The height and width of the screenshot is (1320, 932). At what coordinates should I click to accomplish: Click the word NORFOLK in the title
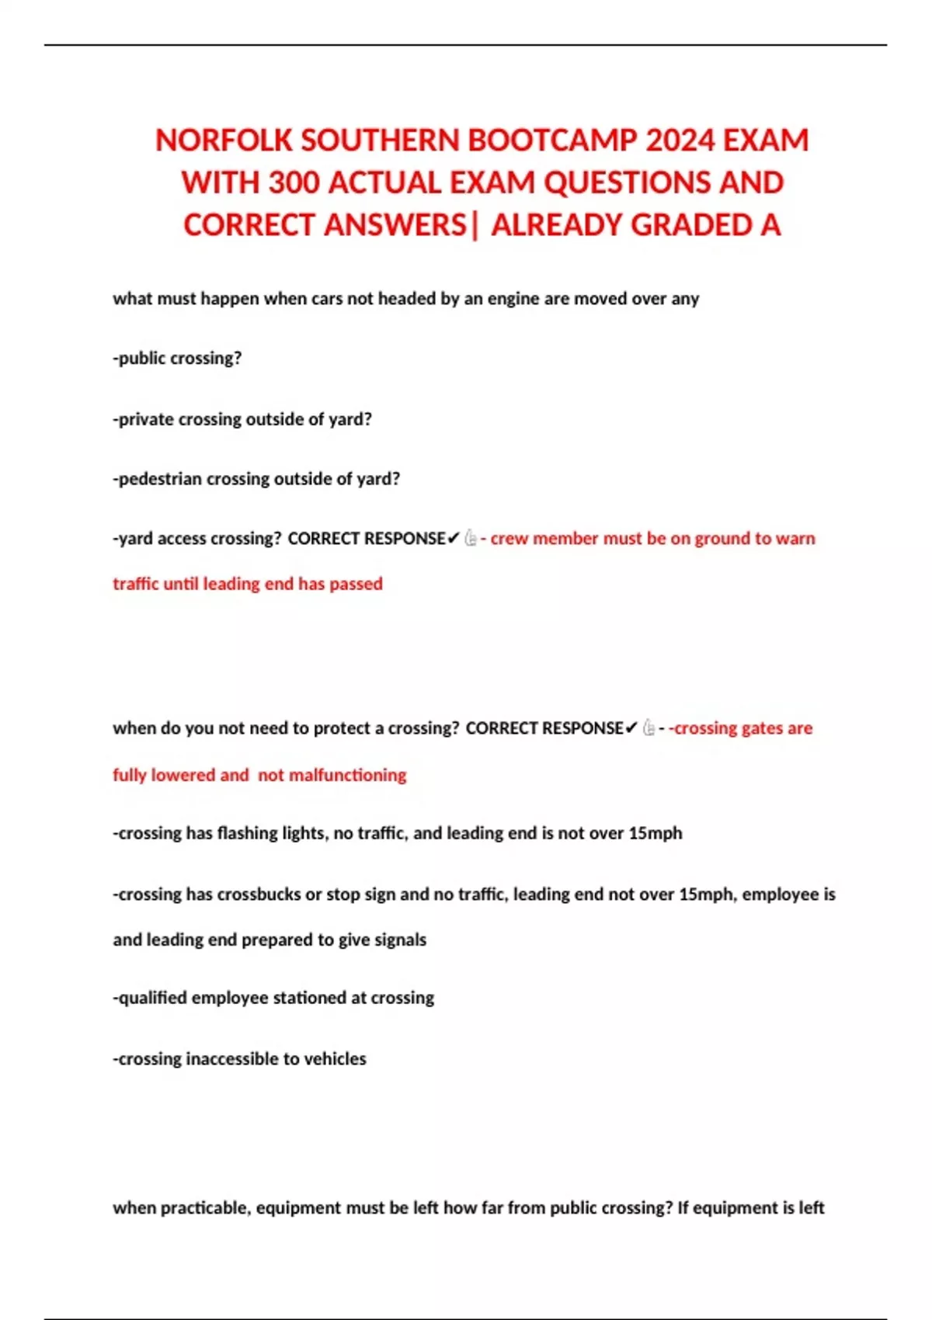pyautogui.click(x=224, y=141)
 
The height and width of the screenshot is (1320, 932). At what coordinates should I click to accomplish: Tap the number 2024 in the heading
pyautogui.click(x=680, y=141)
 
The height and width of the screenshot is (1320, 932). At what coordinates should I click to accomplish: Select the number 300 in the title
pyautogui.click(x=294, y=183)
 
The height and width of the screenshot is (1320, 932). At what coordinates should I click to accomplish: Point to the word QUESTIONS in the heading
pyautogui.click(x=627, y=183)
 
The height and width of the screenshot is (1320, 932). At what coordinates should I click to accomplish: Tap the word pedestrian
pyautogui.click(x=159, y=479)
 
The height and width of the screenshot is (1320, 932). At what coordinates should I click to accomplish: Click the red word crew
pyautogui.click(x=509, y=539)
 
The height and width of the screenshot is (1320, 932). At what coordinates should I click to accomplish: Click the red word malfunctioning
pyautogui.click(x=332, y=775)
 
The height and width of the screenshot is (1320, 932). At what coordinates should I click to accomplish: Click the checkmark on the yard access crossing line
pyautogui.click(x=454, y=539)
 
